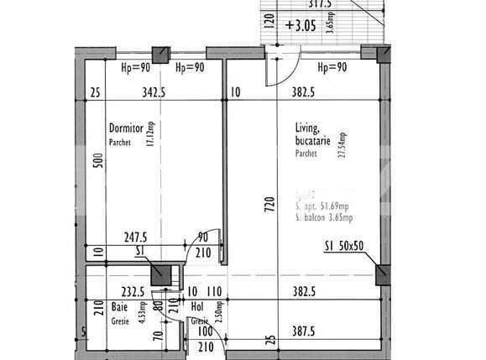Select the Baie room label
click(119, 308)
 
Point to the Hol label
click(198, 308)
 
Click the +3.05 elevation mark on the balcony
click(300, 25)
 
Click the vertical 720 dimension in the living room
click(270, 202)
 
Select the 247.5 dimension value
click(134, 238)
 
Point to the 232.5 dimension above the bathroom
click(133, 292)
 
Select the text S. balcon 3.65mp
click(324, 218)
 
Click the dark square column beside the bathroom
click(158, 273)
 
